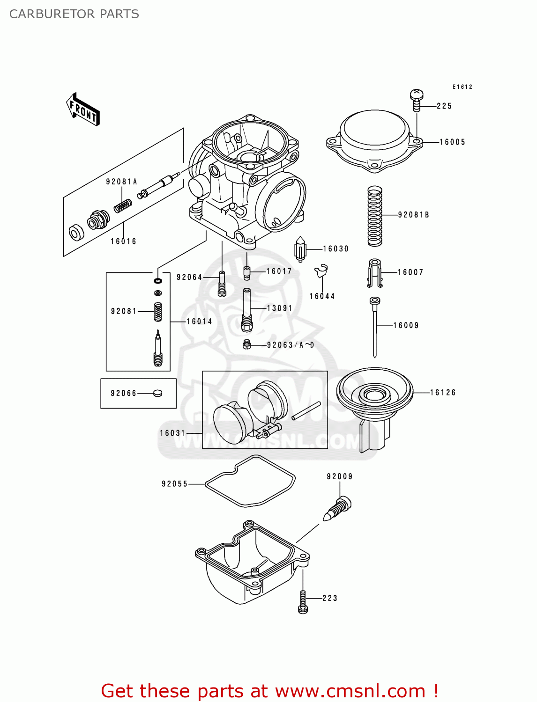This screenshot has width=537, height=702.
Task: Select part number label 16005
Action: (452, 142)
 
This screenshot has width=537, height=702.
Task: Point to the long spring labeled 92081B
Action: (374, 216)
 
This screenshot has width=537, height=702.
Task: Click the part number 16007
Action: (410, 272)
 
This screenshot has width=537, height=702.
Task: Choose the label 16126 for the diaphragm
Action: (443, 393)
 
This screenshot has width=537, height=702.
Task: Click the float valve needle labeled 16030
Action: (300, 249)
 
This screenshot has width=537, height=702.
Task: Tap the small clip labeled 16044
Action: (321, 272)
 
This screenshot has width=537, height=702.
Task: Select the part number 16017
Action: (279, 271)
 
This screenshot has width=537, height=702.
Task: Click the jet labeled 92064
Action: (222, 284)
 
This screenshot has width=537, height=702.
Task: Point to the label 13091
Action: (279, 308)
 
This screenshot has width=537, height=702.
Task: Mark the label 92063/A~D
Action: (291, 345)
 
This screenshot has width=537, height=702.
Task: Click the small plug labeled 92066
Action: (158, 393)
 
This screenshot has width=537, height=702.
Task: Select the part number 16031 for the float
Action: (172, 433)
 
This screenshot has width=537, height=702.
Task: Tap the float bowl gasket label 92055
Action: (174, 484)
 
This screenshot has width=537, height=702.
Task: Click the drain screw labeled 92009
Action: (338, 508)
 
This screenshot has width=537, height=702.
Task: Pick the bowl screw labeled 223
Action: (303, 601)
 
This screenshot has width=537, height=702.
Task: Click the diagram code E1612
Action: (462, 87)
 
